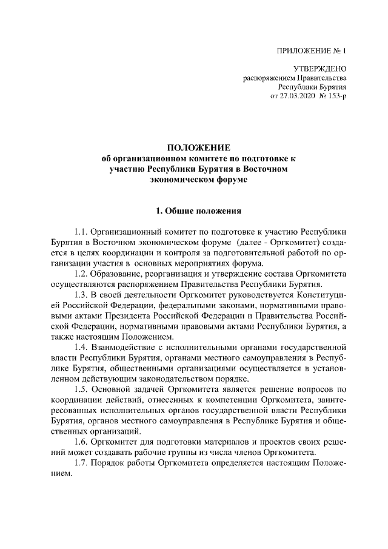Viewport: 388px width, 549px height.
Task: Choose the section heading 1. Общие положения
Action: tap(198, 211)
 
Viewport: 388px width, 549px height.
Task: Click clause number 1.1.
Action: tap(82, 232)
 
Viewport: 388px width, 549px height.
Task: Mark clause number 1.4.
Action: tap(82, 348)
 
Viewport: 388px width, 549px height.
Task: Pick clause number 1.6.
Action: tap(82, 442)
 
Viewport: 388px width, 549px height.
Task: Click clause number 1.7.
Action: tap(82, 463)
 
